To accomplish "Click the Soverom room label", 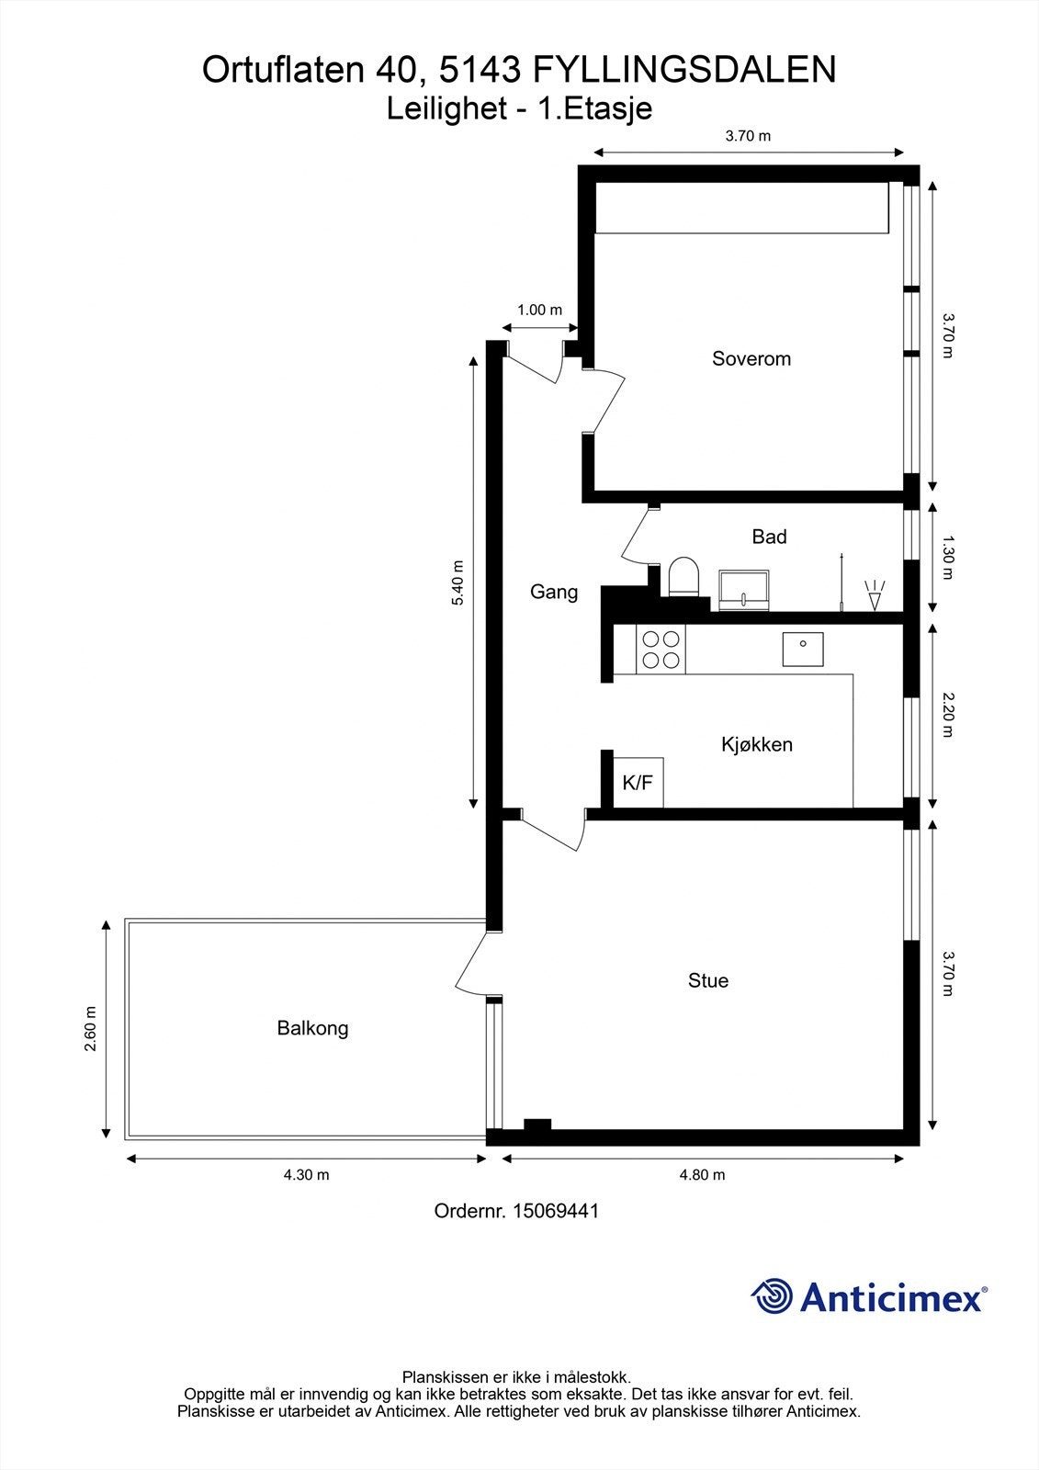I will click(751, 359).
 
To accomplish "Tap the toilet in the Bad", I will click(683, 577).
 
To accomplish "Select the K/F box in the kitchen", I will click(638, 783).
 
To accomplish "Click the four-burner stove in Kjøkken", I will click(661, 649).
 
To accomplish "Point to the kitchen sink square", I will click(803, 649).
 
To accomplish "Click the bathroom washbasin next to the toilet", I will click(744, 589).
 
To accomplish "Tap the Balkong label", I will click(312, 1028).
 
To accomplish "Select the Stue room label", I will click(707, 981).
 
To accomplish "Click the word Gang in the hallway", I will click(554, 593).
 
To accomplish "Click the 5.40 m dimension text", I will click(458, 582).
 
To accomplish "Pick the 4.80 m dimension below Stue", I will click(702, 1175).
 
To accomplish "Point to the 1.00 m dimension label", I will click(539, 311).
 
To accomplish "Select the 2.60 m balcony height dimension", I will click(90, 1029).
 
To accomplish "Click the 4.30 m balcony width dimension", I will click(306, 1175).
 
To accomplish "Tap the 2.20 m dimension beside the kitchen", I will click(949, 716).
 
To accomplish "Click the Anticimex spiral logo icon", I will click(773, 1297).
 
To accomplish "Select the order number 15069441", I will click(555, 1211).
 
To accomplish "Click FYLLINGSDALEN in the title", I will click(683, 71).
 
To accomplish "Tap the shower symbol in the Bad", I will click(874, 594).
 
